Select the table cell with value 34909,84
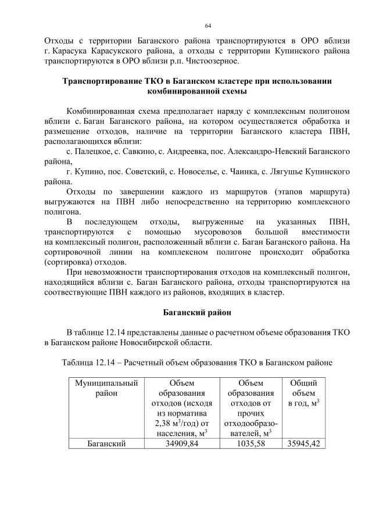click(183, 443)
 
